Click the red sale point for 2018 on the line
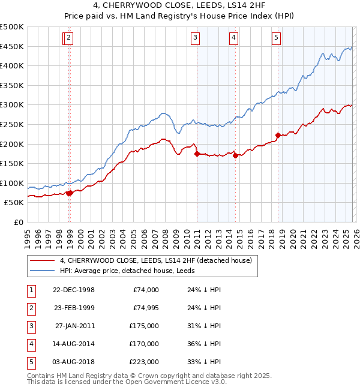pos(278,135)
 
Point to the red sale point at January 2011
pos(197,154)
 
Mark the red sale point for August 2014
pos(235,155)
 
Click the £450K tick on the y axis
pos(12,46)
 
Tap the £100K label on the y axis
pos(12,183)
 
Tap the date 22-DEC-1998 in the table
pos(74,290)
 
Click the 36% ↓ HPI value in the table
pos(203,344)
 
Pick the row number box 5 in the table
pos(30,362)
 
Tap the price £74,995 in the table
pos(143,308)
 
